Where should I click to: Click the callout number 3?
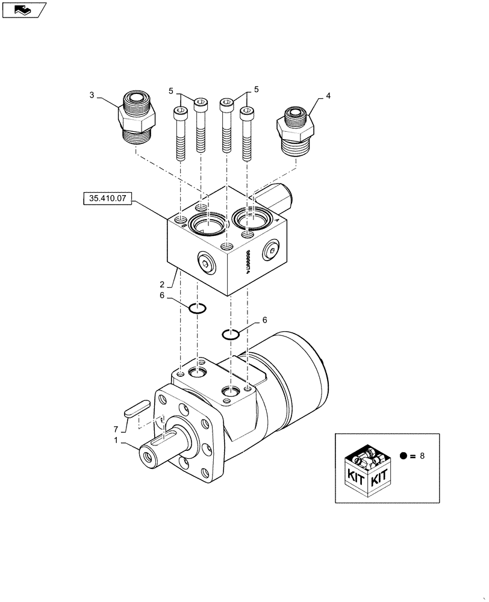coord(92,95)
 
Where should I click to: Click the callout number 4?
coord(328,95)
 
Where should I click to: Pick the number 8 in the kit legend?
coord(422,456)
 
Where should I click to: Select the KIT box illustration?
coord(365,470)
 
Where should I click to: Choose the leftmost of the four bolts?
coord(180,133)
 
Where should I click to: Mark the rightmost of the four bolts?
coord(246,133)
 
